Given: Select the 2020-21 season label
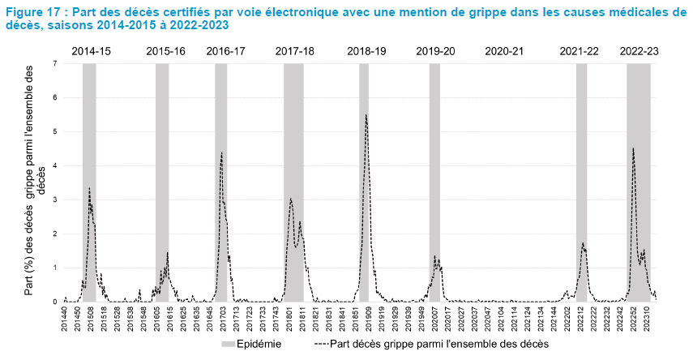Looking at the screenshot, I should point(504,51).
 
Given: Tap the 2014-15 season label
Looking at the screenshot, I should point(92,51).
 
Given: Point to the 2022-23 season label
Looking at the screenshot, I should point(639,51).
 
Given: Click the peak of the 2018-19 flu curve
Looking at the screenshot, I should point(366,115).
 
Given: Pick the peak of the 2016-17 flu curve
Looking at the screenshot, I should point(221,152).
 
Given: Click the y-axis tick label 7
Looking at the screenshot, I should point(54,63).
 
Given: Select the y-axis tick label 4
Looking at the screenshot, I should point(54,165).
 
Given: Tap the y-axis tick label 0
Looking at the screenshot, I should point(54,302).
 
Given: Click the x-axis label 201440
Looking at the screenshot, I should point(66,318).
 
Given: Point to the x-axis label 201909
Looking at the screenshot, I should point(370,318).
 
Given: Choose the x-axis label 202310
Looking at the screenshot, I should point(648,318).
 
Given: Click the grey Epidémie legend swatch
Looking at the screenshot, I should point(229,344).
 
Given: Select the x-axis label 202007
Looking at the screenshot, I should point(434,318).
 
